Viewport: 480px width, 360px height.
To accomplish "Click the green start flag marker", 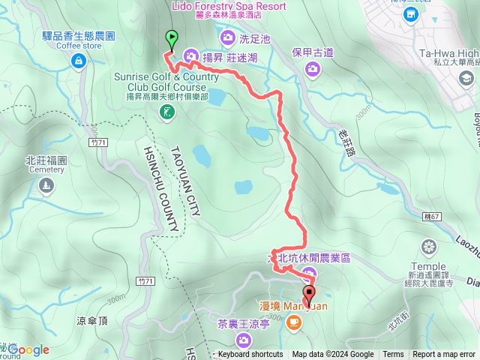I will [172, 37].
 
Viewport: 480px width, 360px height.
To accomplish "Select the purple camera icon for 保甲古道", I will [313, 68].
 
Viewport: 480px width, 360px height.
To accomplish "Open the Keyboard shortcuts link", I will [250, 355].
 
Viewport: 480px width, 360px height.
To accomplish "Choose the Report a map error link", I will [444, 355].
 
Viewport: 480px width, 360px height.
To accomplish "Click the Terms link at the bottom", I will [393, 355].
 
